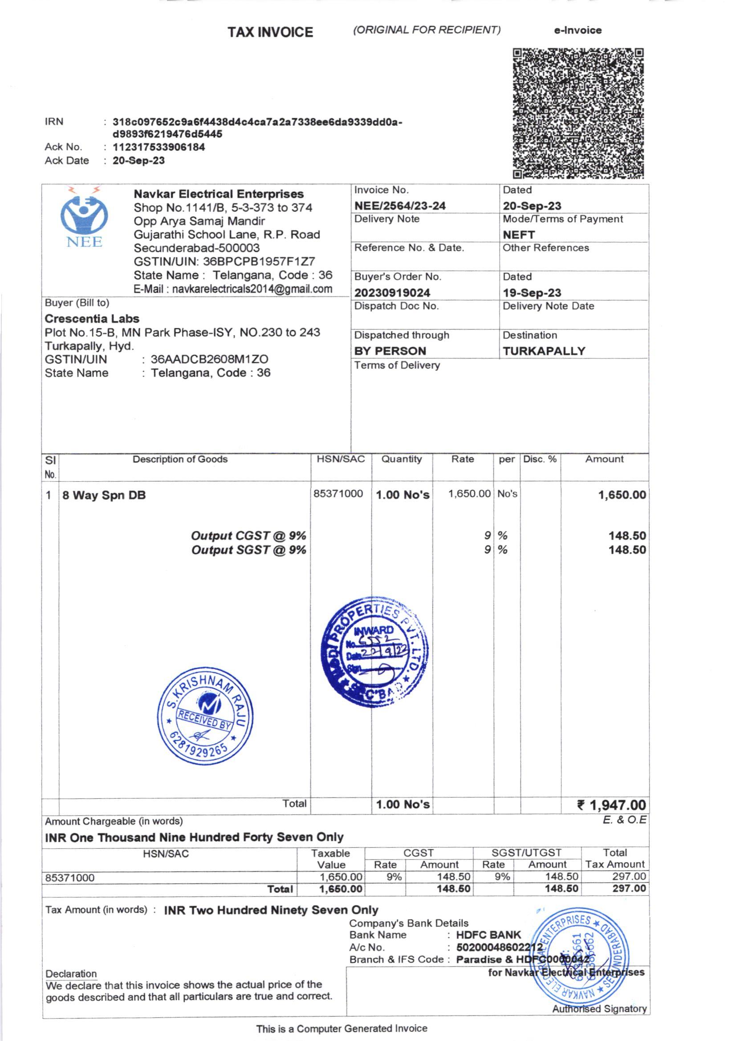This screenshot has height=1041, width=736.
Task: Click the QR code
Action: coord(578,113)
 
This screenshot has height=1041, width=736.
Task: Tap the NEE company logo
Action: coord(84,217)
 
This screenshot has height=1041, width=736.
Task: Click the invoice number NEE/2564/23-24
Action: coord(400,206)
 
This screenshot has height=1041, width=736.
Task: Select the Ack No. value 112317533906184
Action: coord(159,147)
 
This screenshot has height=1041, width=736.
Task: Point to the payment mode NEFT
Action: coord(519,235)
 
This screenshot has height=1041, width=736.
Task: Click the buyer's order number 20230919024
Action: coord(392,293)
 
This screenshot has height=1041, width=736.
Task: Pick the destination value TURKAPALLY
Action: coord(544,351)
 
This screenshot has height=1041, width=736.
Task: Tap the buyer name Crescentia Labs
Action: coord(92,319)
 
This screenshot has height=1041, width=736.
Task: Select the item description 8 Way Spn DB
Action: coord(104,495)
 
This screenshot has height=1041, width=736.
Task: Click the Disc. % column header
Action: coord(540,459)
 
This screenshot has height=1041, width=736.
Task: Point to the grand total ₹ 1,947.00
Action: coord(611,805)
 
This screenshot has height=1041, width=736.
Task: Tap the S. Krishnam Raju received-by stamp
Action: coord(205,716)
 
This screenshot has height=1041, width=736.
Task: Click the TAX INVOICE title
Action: coord(270,32)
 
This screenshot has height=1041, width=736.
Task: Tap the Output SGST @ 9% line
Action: coord(248,550)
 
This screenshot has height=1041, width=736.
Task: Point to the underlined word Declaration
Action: coord(71,973)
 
